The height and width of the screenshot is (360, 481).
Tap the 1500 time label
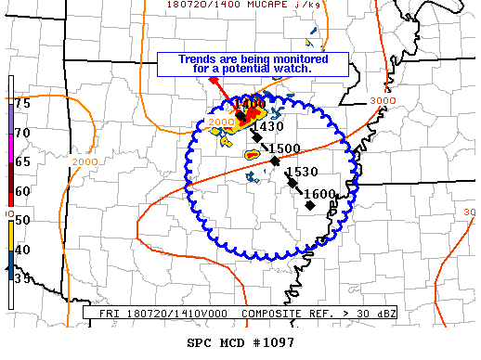coord(283,148)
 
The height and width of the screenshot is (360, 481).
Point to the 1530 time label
coord(303,172)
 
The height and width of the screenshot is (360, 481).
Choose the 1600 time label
coord(319,194)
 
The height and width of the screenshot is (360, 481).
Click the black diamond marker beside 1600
coord(309,205)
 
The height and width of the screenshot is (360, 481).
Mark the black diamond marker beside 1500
coord(275,161)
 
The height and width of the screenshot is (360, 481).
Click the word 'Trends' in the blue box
coord(200,58)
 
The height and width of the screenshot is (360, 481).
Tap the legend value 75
coord(22,103)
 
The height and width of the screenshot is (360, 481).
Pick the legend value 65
coord(22,161)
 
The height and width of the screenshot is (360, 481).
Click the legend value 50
coord(22,219)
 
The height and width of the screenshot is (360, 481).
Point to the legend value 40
coord(22,249)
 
